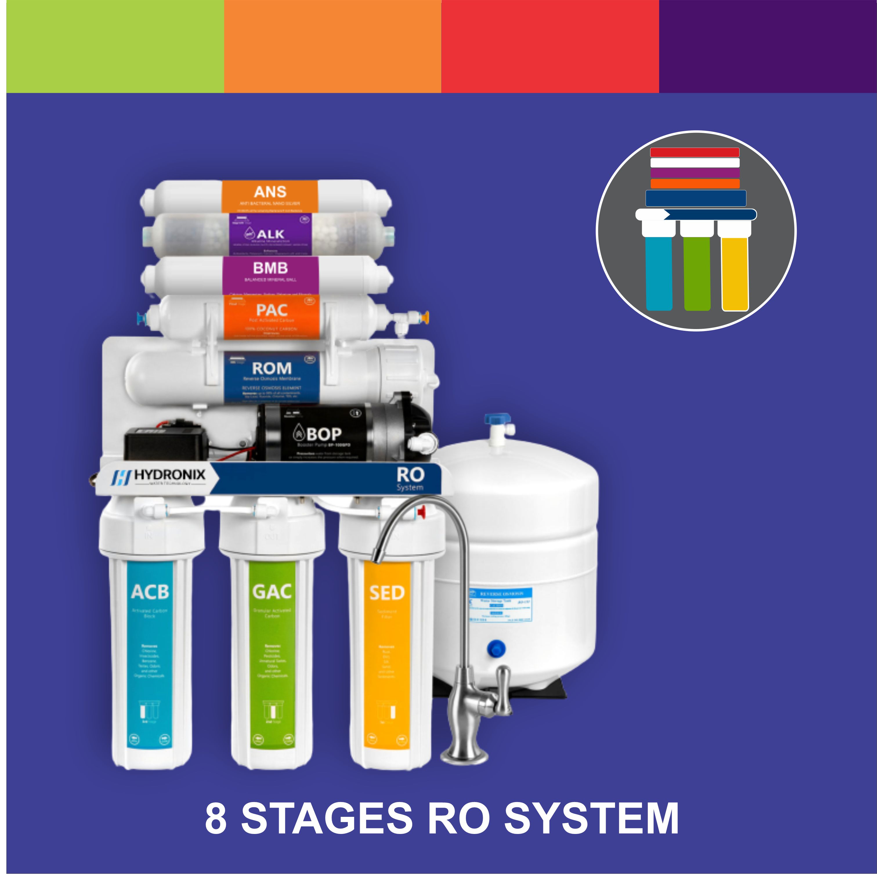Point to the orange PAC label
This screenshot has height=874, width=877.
click(272, 310)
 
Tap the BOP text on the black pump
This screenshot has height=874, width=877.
click(323, 434)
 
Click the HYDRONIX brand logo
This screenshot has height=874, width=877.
click(159, 476)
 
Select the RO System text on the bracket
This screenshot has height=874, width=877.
click(410, 478)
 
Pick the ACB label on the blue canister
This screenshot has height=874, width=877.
click(150, 592)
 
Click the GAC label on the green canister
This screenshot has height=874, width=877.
click(272, 592)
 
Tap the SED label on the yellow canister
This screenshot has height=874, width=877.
click(386, 593)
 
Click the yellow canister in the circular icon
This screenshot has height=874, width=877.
click(735, 272)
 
